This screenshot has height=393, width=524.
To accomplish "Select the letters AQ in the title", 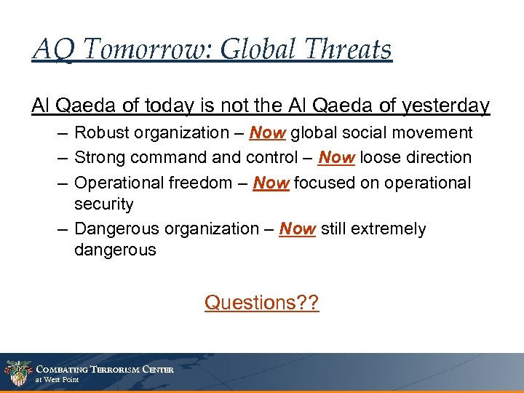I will pyautogui.click(x=52, y=49).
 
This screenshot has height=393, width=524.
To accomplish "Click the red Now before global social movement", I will pyautogui.click(x=268, y=133).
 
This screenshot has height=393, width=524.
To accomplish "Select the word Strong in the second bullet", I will pyautogui.click(x=99, y=157).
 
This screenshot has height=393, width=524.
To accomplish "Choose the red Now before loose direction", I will pyautogui.click(x=336, y=157).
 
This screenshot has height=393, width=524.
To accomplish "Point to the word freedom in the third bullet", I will pyautogui.click(x=195, y=183).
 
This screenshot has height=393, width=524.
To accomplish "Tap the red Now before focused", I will pyautogui.click(x=271, y=183).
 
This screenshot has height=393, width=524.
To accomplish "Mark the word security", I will pyautogui.click(x=104, y=205).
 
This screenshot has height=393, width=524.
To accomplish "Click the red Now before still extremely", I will pyautogui.click(x=297, y=229).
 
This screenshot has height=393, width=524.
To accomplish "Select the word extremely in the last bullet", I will pyautogui.click(x=390, y=229).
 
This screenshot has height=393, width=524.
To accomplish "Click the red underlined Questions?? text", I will pyautogui.click(x=261, y=302).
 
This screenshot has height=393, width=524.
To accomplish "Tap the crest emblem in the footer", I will pyautogui.click(x=17, y=373).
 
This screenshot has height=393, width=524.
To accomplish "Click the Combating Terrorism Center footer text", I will pyautogui.click(x=105, y=370).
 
